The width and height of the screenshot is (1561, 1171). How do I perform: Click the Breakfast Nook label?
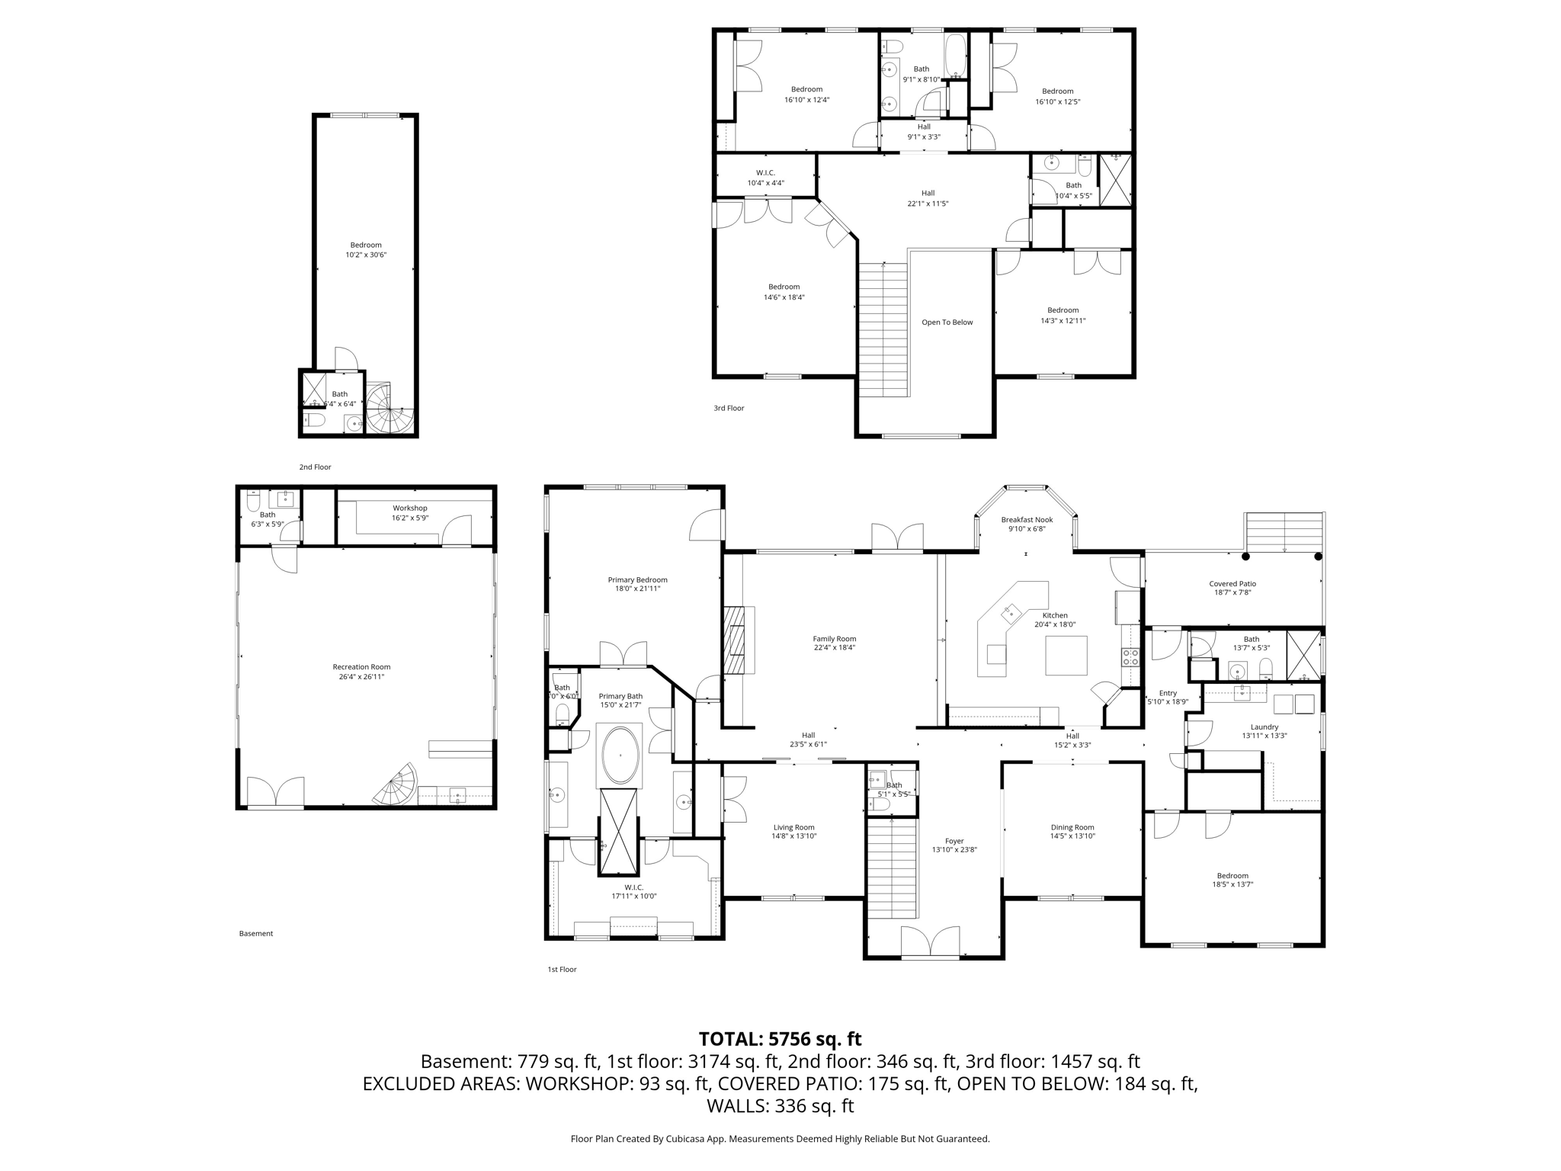pyautogui.click(x=1027, y=520)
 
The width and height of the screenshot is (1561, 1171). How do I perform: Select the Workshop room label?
pyautogui.click(x=410, y=508)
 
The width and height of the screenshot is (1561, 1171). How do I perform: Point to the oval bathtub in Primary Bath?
pyautogui.click(x=620, y=756)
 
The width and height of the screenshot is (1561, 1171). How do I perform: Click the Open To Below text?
pyautogui.click(x=947, y=322)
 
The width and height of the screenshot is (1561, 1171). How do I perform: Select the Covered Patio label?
pyautogui.click(x=1232, y=584)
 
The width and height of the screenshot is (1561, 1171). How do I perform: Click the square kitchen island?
pyautogui.click(x=1066, y=655)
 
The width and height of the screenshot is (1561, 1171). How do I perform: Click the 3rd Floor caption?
pyautogui.click(x=729, y=409)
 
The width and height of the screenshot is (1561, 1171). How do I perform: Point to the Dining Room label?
pyautogui.click(x=1072, y=827)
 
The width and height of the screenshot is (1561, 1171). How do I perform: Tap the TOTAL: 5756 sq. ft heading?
pyautogui.click(x=780, y=1039)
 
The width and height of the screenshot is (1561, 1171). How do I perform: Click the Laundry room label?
pyautogui.click(x=1265, y=727)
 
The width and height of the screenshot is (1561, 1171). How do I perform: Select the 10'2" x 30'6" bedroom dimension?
pyautogui.click(x=366, y=255)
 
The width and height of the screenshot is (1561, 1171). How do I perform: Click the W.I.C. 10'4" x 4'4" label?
pyautogui.click(x=765, y=173)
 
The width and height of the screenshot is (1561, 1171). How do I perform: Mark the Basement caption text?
pyautogui.click(x=256, y=933)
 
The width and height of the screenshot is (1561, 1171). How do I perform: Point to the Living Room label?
pyautogui.click(x=793, y=827)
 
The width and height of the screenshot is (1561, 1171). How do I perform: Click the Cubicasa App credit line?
pyautogui.click(x=780, y=1139)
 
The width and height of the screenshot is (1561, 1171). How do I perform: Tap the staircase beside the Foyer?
pyautogui.click(x=892, y=867)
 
